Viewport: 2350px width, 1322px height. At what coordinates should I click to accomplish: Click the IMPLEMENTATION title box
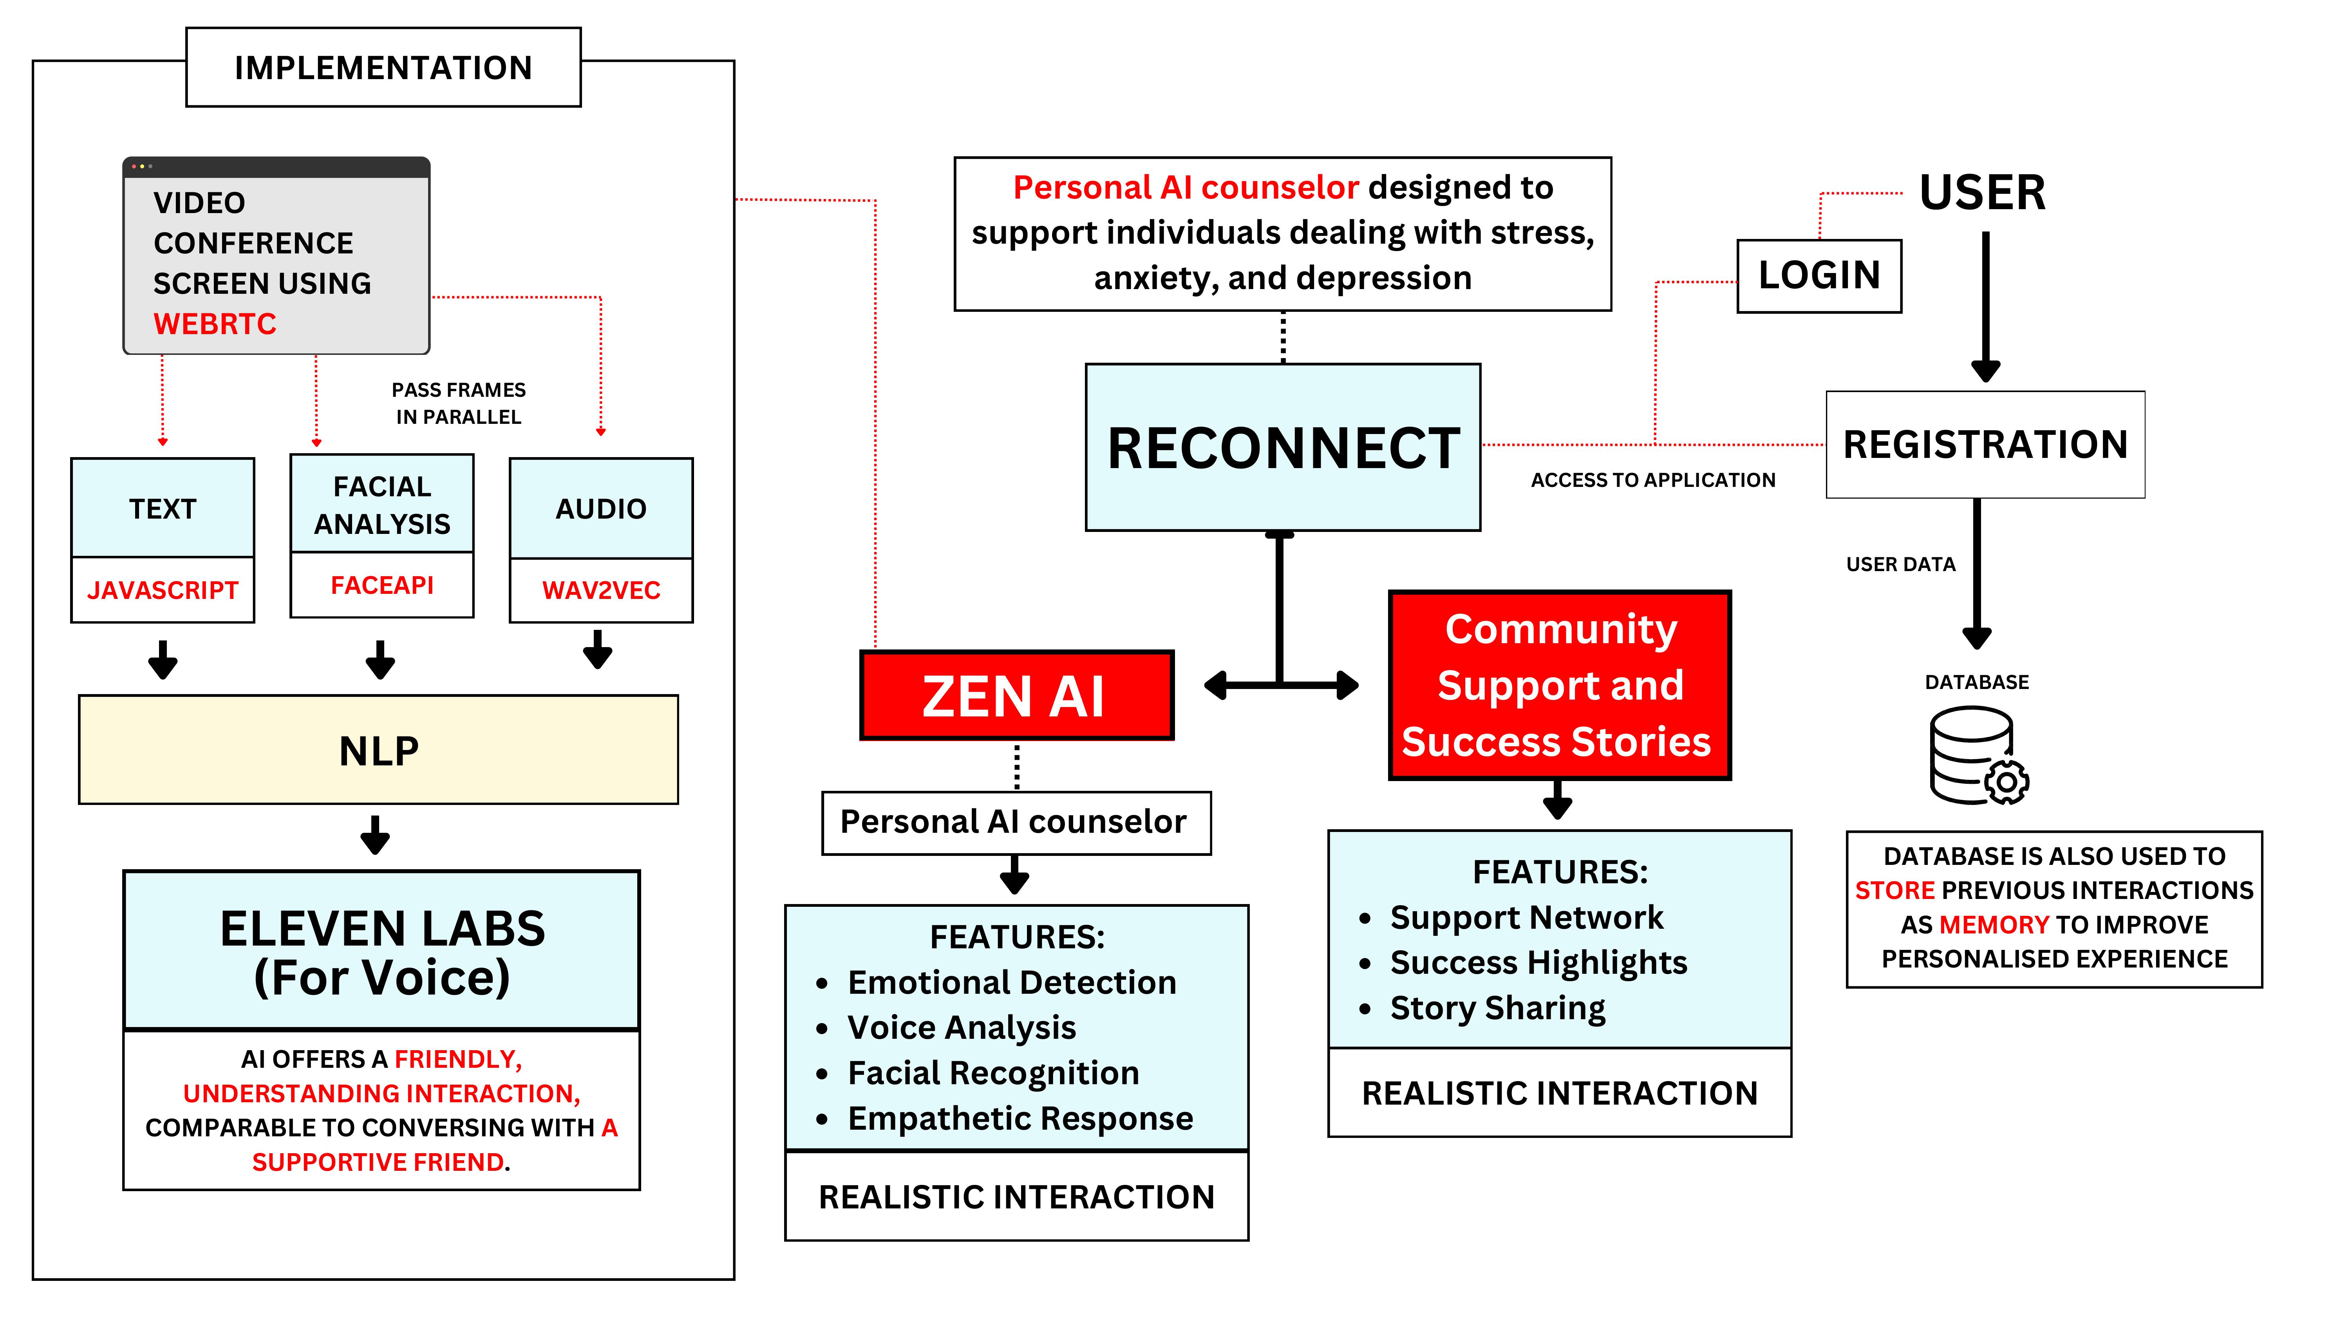coord(383,67)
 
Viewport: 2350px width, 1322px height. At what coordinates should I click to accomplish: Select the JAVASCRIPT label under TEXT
coord(163,590)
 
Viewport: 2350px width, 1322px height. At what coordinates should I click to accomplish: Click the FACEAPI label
coord(381,585)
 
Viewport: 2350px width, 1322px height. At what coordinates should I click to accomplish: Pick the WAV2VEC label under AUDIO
coord(600,590)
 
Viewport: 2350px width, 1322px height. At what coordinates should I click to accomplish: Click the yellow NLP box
coord(379,750)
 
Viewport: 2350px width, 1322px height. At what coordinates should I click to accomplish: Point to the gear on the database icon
coord(2007,782)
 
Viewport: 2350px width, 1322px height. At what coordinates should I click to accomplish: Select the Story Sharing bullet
coord(1497,1008)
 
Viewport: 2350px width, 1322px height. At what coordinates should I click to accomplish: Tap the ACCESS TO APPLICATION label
coord(1652,480)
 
